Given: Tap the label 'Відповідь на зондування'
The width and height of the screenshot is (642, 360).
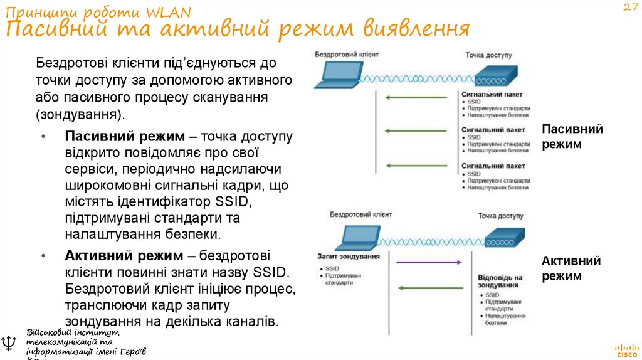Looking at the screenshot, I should [x=500, y=281].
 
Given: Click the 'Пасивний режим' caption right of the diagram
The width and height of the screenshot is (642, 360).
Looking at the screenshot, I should [x=572, y=136].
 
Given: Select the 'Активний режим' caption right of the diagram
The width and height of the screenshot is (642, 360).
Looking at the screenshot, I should [x=571, y=268].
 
